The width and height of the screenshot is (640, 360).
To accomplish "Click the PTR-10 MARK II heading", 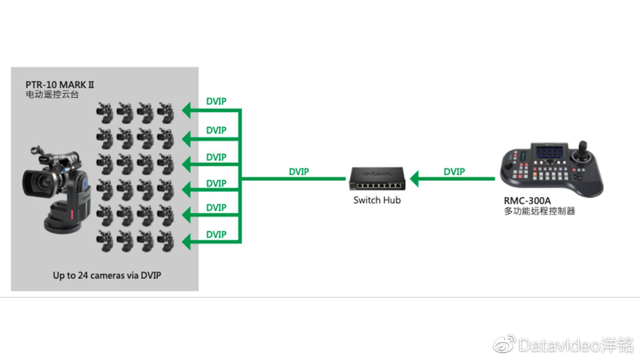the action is pos(60,85).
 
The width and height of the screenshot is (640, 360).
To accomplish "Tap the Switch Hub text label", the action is pos(377,200).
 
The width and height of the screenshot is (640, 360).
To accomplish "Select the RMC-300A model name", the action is pos(527,201).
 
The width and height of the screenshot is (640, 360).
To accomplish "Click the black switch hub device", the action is pos(377,179).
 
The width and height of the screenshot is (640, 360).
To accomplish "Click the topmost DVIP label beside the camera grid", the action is pos(216,101).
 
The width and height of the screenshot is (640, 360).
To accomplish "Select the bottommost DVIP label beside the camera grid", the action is pos(216,235).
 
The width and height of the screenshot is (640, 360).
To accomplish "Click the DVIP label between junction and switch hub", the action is pos(299,172).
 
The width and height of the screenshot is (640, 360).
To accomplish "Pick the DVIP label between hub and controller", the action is pos(454,172).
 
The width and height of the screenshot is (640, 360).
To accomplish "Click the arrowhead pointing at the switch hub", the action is pos(414,179).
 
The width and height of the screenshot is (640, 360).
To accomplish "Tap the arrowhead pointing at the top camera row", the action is pos(187,110).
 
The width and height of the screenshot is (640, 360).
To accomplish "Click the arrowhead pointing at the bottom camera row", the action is pos(187,242).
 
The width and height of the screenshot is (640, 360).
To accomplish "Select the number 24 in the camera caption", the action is pos(83,275).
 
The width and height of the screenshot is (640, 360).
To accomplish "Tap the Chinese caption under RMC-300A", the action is pos(539,211).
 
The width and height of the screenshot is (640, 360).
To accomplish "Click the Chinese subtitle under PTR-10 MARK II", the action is pos(52,95).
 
